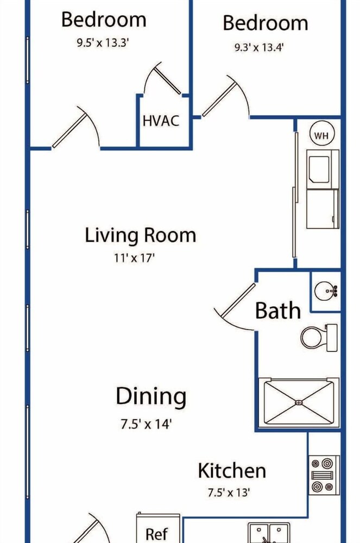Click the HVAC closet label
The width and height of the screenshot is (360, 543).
(x=161, y=121)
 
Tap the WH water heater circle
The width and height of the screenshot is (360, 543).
(x=321, y=135)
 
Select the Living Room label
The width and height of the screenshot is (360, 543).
(x=141, y=235)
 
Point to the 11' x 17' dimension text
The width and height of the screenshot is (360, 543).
(x=134, y=258)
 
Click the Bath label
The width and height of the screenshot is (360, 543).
(x=277, y=310)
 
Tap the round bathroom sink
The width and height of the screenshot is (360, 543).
(x=325, y=291)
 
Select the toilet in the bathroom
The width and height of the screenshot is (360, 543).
(x=319, y=338)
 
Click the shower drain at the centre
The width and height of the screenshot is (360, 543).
(x=299, y=402)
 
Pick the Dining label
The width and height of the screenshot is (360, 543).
(x=151, y=396)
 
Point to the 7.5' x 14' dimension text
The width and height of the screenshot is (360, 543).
(x=146, y=424)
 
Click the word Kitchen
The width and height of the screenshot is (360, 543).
(x=232, y=471)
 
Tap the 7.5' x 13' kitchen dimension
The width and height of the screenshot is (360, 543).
(x=229, y=492)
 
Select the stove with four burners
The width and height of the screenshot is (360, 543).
(x=324, y=475)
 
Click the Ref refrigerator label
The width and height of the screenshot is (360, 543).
(x=157, y=534)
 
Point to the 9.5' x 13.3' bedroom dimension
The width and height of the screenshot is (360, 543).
(x=103, y=43)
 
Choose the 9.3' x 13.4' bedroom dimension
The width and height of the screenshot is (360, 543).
(x=259, y=47)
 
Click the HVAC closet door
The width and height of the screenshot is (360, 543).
(x=168, y=80)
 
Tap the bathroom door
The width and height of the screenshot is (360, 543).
(x=238, y=301)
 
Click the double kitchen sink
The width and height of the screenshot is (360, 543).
(x=269, y=533)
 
